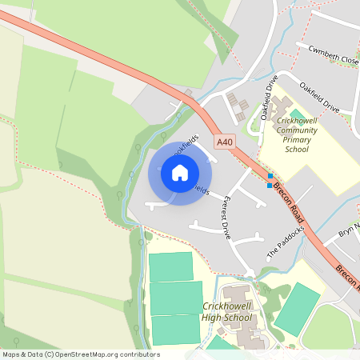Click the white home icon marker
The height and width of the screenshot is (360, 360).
point(180,173)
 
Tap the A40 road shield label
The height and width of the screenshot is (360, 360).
point(226,142)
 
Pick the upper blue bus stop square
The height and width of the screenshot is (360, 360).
point(270,176)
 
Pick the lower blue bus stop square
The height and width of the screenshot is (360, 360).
point(269,186)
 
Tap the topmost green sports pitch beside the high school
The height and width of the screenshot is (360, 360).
point(171,266)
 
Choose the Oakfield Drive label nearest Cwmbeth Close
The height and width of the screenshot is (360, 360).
point(320,96)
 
